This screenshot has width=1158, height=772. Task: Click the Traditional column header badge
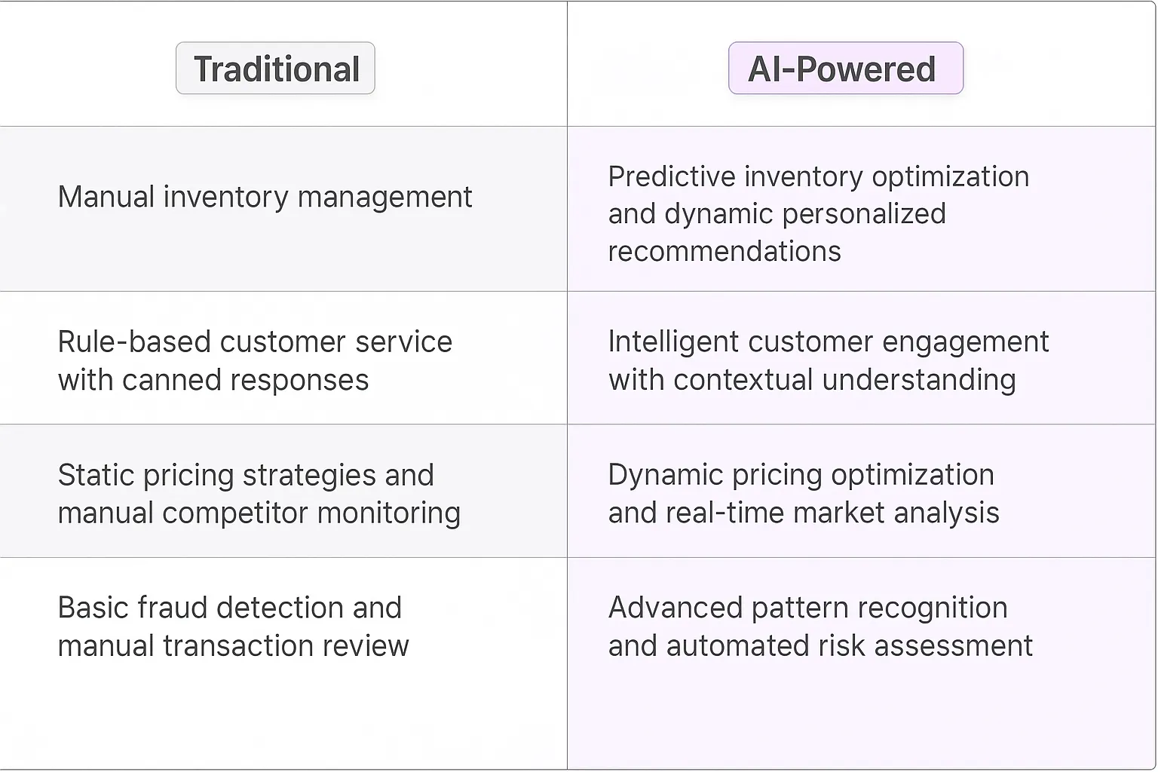275,69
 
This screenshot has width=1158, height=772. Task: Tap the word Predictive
672,177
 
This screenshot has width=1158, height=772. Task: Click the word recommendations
724,252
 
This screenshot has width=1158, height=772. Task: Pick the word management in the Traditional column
384,198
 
